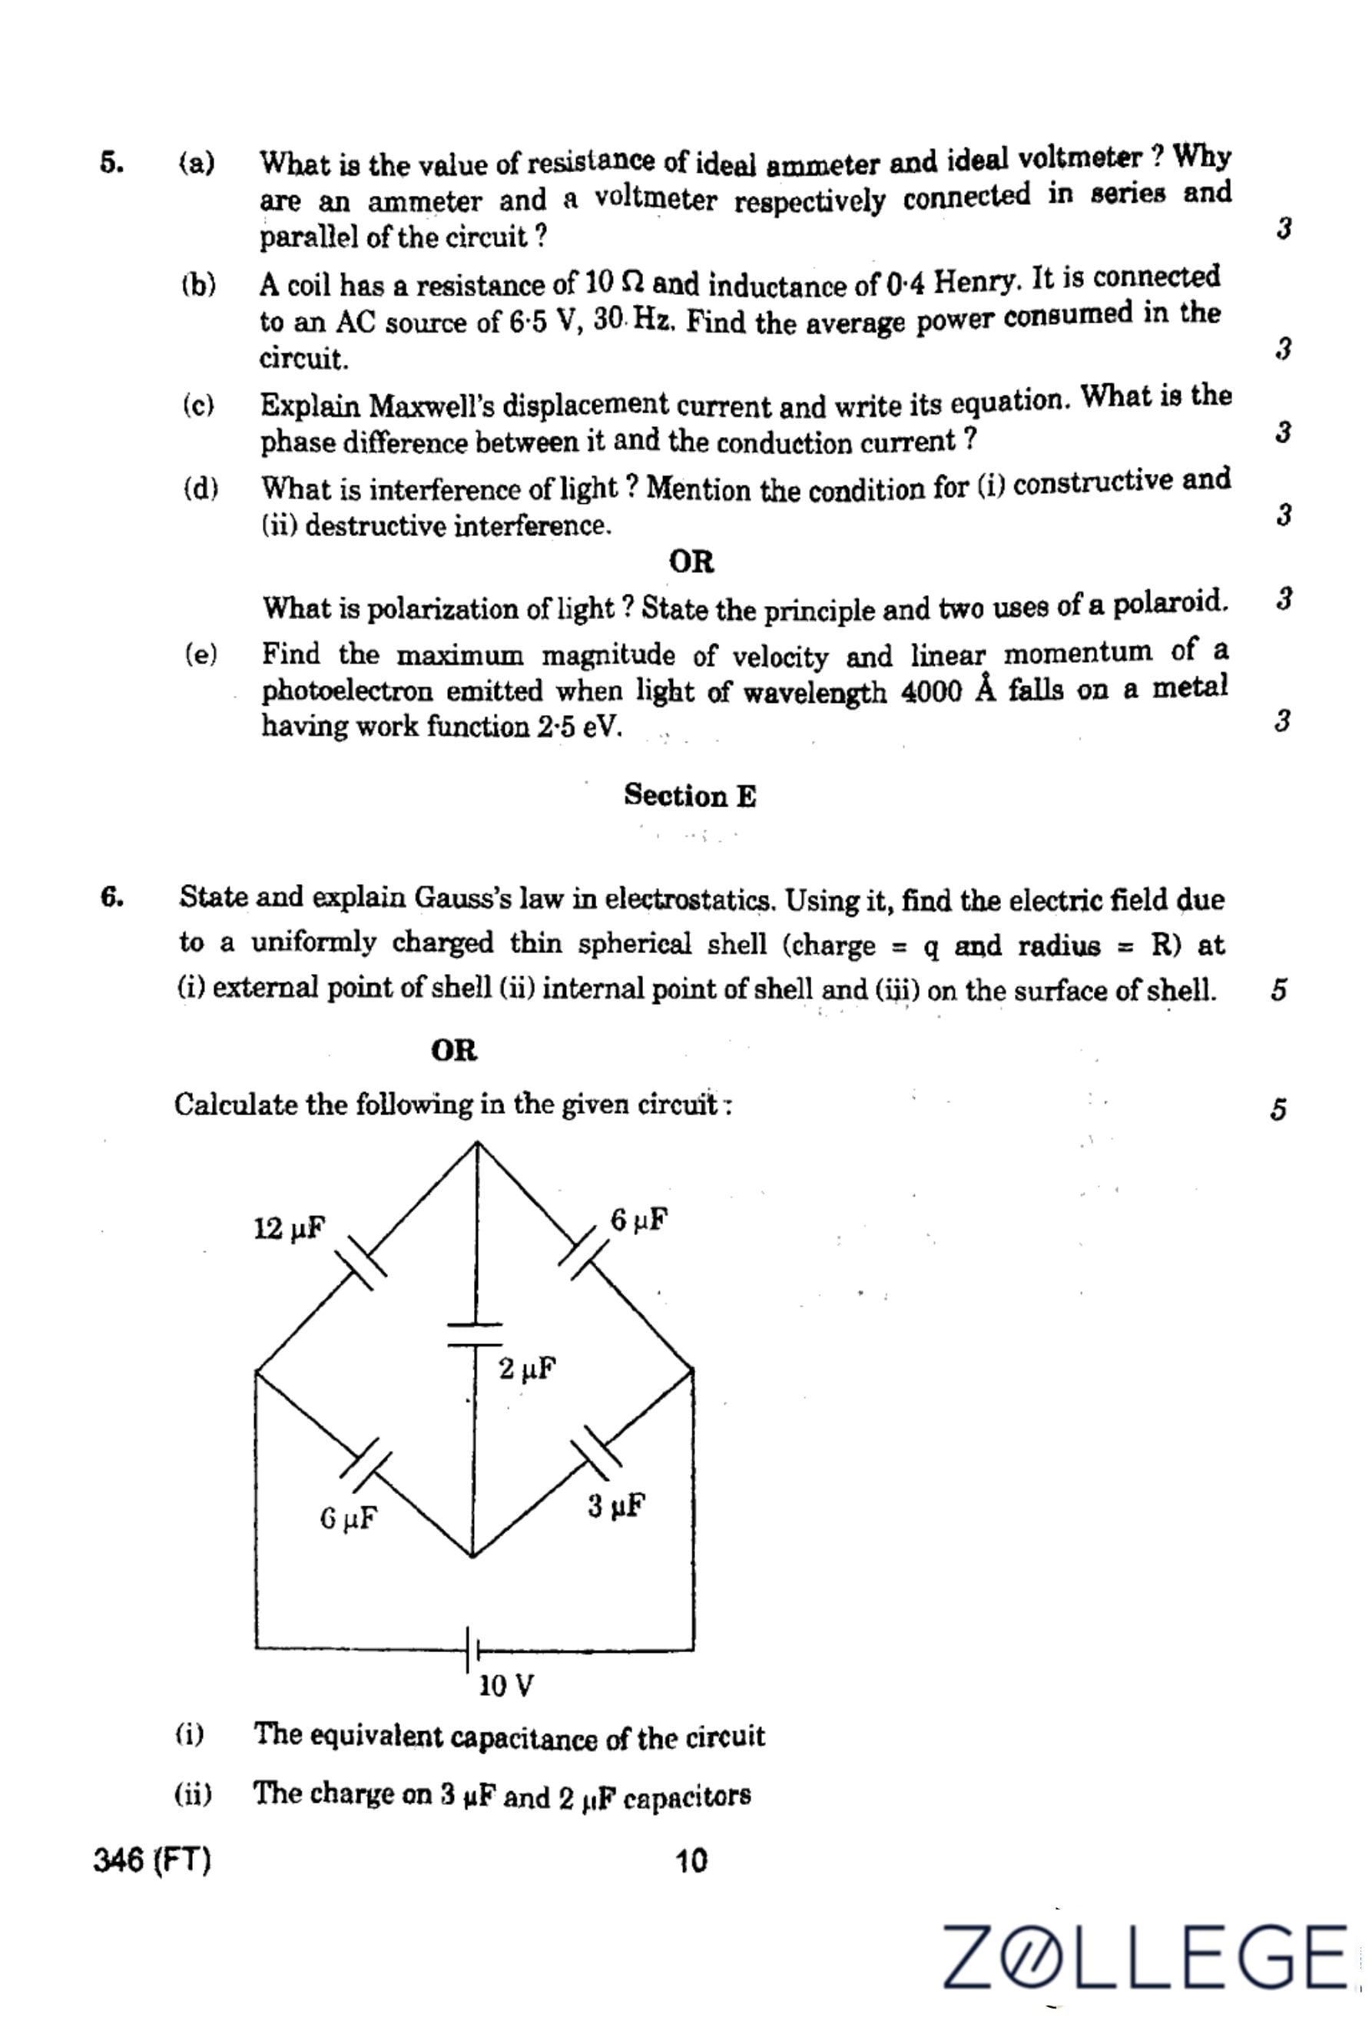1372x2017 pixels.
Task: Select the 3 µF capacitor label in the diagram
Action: (x=616, y=1505)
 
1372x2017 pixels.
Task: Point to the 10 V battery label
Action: (x=506, y=1684)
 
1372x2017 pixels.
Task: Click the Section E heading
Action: (x=690, y=795)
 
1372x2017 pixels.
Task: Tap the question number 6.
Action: (x=111, y=897)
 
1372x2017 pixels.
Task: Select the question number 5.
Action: (x=110, y=162)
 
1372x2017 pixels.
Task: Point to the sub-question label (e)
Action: (x=200, y=654)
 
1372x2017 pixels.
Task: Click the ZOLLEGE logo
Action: (x=1146, y=1956)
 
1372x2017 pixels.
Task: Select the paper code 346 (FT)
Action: (x=152, y=1860)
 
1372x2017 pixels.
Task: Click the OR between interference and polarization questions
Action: (x=691, y=561)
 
